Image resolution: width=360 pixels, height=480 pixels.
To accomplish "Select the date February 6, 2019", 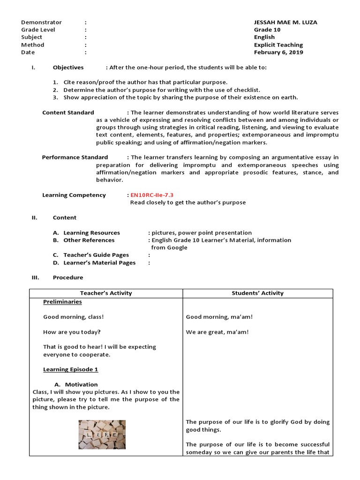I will [278, 52].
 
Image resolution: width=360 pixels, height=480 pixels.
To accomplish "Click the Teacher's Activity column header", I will [106, 293].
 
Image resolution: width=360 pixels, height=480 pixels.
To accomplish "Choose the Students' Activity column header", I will [258, 293].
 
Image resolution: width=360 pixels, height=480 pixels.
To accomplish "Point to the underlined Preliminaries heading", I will [62, 302].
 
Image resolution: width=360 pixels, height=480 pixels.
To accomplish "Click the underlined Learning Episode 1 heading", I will [70, 369].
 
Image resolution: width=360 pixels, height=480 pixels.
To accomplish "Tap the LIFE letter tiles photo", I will [102, 434].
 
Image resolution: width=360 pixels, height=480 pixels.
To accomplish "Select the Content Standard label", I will [68, 112].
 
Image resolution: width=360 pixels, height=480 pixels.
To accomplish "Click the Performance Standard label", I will [75, 157].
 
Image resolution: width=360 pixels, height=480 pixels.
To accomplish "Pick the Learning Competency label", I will [74, 195].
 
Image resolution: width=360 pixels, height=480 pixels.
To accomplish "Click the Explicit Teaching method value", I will [278, 45].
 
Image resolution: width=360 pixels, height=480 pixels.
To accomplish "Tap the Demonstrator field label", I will [41, 22].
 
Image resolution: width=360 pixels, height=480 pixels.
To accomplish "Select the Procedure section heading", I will [68, 277].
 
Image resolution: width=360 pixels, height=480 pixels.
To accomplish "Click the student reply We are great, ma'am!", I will [217, 332].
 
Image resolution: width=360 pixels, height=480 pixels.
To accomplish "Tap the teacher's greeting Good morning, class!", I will [74, 317].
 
